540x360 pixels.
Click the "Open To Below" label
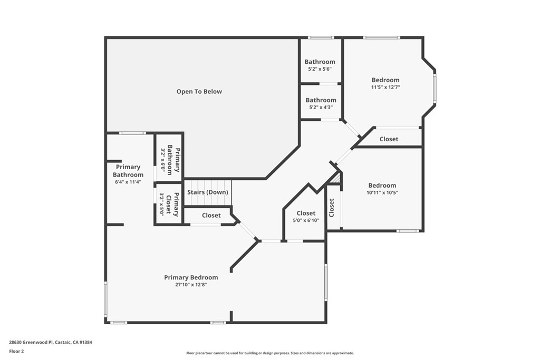click(199, 92)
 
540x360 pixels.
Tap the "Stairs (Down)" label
click(208, 192)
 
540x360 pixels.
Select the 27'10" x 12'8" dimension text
click(191, 285)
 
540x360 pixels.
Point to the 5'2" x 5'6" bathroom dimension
click(320, 69)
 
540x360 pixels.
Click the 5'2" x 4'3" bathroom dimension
click(321, 108)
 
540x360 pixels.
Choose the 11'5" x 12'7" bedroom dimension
click(385, 87)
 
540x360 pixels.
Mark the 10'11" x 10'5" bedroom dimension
click(382, 193)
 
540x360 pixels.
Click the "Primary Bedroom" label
click(191, 277)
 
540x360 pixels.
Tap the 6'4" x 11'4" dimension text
click(128, 182)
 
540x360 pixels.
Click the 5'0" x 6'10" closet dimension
click(306, 220)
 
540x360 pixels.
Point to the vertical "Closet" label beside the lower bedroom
click(332, 208)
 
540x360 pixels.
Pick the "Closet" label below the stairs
click(211, 216)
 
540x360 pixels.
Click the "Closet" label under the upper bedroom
click(389, 139)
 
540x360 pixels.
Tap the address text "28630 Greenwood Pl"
click(31, 343)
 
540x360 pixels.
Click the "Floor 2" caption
click(16, 352)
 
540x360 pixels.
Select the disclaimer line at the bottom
click(270, 353)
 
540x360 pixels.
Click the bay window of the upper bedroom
click(435, 88)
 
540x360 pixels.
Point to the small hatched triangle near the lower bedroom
click(336, 179)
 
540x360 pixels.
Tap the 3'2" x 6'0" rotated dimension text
click(163, 160)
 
